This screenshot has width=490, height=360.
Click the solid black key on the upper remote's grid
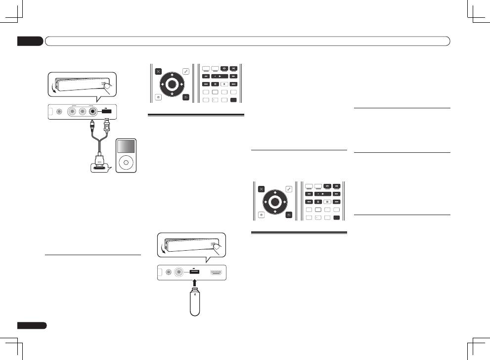233,100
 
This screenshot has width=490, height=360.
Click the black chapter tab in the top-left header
30,41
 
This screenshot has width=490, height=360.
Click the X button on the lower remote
261,188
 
